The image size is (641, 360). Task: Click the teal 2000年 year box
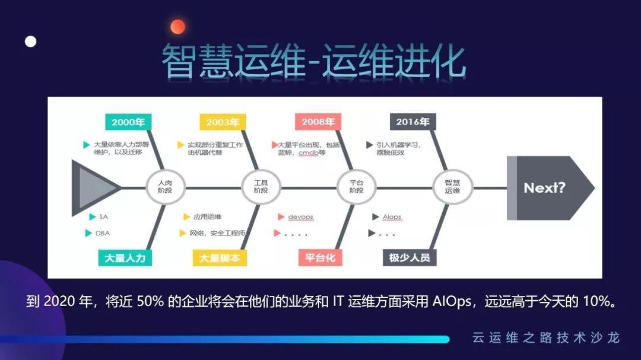coord(128,122)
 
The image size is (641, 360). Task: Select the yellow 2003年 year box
coord(223,122)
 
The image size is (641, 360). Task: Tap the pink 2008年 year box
coord(318,122)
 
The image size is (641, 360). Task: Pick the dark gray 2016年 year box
coord(413,122)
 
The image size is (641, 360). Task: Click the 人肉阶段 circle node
coord(166,187)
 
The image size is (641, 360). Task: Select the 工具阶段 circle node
coord(261,187)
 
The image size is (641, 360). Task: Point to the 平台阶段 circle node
coord(356,187)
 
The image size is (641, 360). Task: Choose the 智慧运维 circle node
coord(452,187)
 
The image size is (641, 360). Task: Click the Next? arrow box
coord(550,188)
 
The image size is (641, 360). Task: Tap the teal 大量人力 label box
coord(125,258)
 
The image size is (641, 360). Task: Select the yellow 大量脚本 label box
coord(220,258)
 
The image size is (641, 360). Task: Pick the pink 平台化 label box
coord(320,258)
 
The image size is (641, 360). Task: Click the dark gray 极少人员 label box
coord(410,258)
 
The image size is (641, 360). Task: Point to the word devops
coord(300,217)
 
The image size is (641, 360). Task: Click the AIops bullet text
coord(392,217)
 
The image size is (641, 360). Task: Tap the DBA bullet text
coord(103,233)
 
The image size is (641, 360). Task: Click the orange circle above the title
coord(178,27)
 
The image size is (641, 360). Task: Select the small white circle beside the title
coord(31,42)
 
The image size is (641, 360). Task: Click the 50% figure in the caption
coord(150,301)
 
